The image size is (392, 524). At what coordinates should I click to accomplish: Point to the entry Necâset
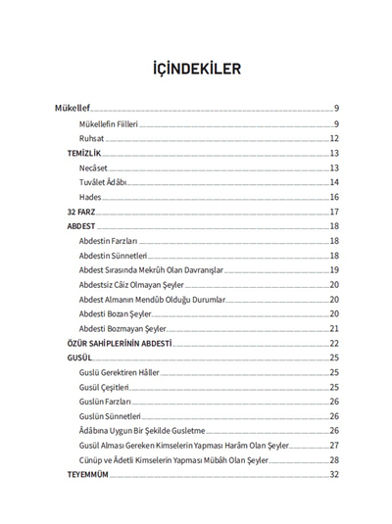click(x=94, y=167)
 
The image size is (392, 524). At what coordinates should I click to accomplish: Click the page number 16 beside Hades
click(x=333, y=197)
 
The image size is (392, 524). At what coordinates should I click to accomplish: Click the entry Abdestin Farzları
click(x=109, y=241)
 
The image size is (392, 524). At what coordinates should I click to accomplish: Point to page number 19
click(x=333, y=269)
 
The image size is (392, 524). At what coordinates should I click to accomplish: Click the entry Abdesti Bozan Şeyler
click(x=113, y=313)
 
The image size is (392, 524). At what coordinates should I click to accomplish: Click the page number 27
click(x=333, y=445)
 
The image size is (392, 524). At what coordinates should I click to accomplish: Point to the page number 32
click(x=333, y=474)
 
